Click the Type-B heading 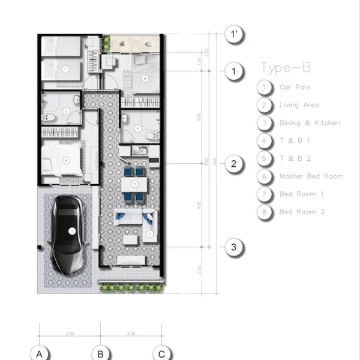[x=286, y=67]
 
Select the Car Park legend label [x=295, y=87]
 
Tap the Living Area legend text [x=299, y=105]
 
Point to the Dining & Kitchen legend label [x=310, y=123]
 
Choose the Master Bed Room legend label [x=311, y=176]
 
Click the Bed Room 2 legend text [x=302, y=212]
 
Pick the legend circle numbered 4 [x=264, y=141]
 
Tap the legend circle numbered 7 [x=264, y=194]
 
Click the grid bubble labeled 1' [x=234, y=35]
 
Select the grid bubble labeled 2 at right [x=234, y=164]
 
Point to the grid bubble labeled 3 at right [x=234, y=247]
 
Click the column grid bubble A [x=40, y=354]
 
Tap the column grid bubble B [x=101, y=354]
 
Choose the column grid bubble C [x=161, y=354]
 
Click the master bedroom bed [x=64, y=160]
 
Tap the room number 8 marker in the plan [x=145, y=78]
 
